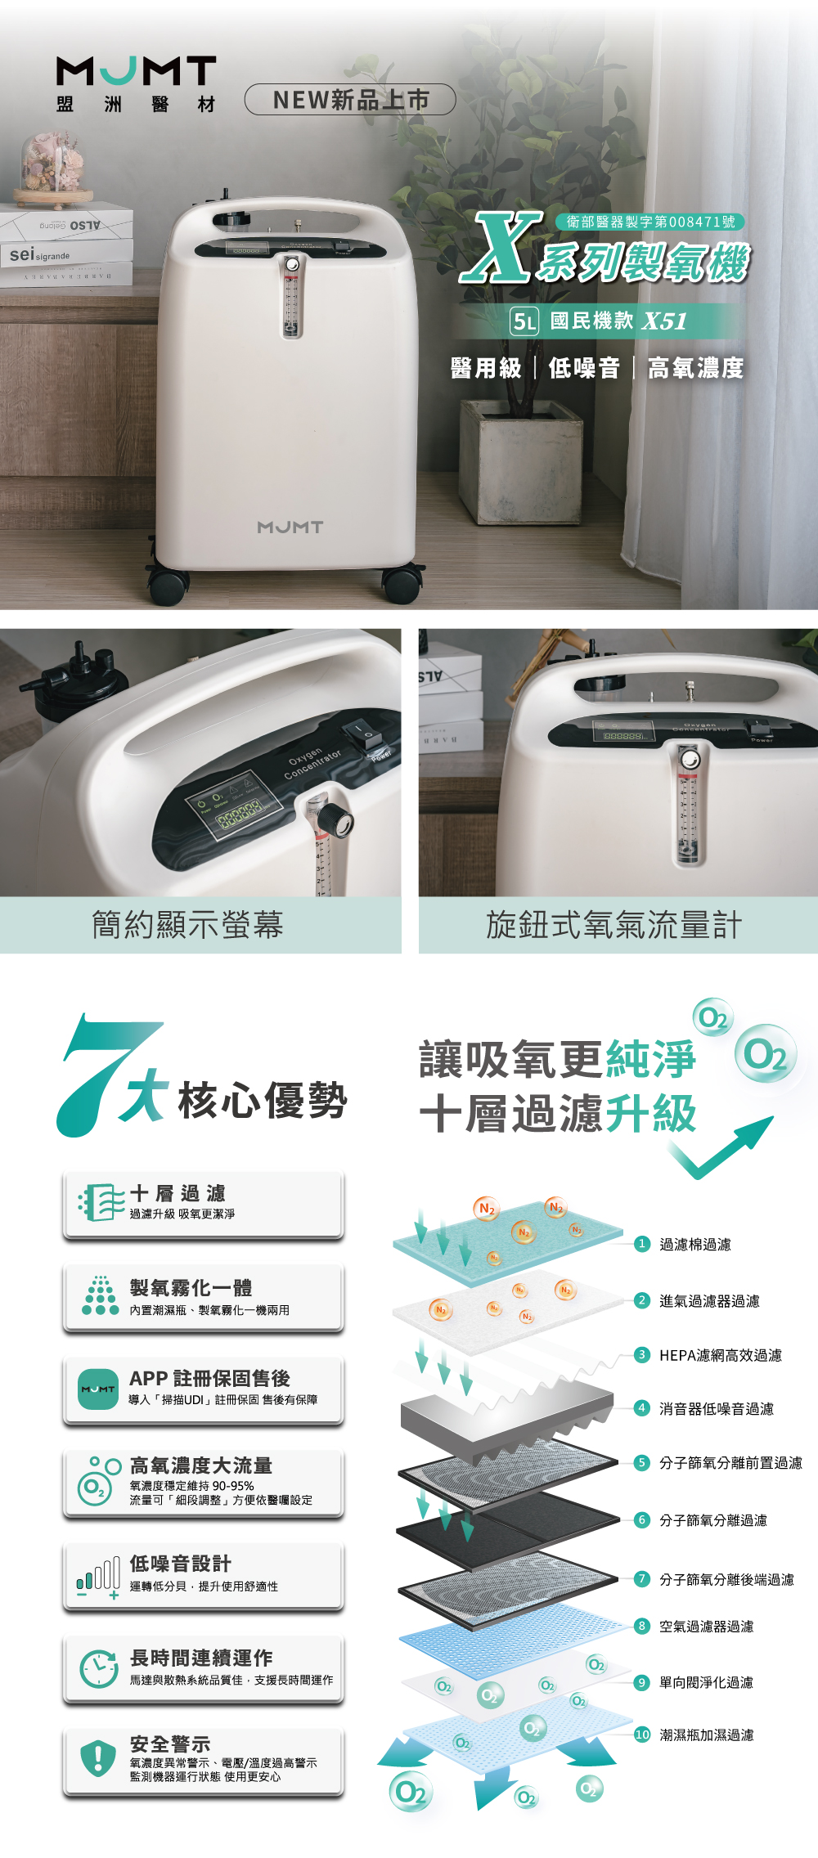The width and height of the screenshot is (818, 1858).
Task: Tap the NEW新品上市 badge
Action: (350, 100)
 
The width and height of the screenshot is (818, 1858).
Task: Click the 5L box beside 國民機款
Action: (524, 321)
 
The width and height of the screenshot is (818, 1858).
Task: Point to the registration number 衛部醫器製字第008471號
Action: (650, 222)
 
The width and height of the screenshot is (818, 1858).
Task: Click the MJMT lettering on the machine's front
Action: (290, 527)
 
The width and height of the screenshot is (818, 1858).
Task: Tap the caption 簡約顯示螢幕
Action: (187, 925)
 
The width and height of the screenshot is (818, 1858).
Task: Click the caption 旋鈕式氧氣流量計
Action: (614, 925)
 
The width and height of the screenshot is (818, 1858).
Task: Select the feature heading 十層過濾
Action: (178, 1193)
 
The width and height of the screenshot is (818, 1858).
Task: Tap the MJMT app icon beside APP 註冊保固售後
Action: (98, 1389)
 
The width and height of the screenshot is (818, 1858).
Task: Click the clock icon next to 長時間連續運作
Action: (98, 1669)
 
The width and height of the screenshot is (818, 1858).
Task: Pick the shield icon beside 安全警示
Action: (97, 1757)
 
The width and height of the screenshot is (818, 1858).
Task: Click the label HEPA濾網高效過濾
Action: (721, 1355)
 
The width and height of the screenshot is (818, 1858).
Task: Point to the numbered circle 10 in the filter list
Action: (642, 1735)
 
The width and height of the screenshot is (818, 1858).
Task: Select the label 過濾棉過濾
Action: (695, 1245)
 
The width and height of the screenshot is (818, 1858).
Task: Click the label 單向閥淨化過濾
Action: (707, 1682)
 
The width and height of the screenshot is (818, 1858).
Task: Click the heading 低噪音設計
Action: (181, 1564)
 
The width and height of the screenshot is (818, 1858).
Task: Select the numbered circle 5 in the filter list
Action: (642, 1463)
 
